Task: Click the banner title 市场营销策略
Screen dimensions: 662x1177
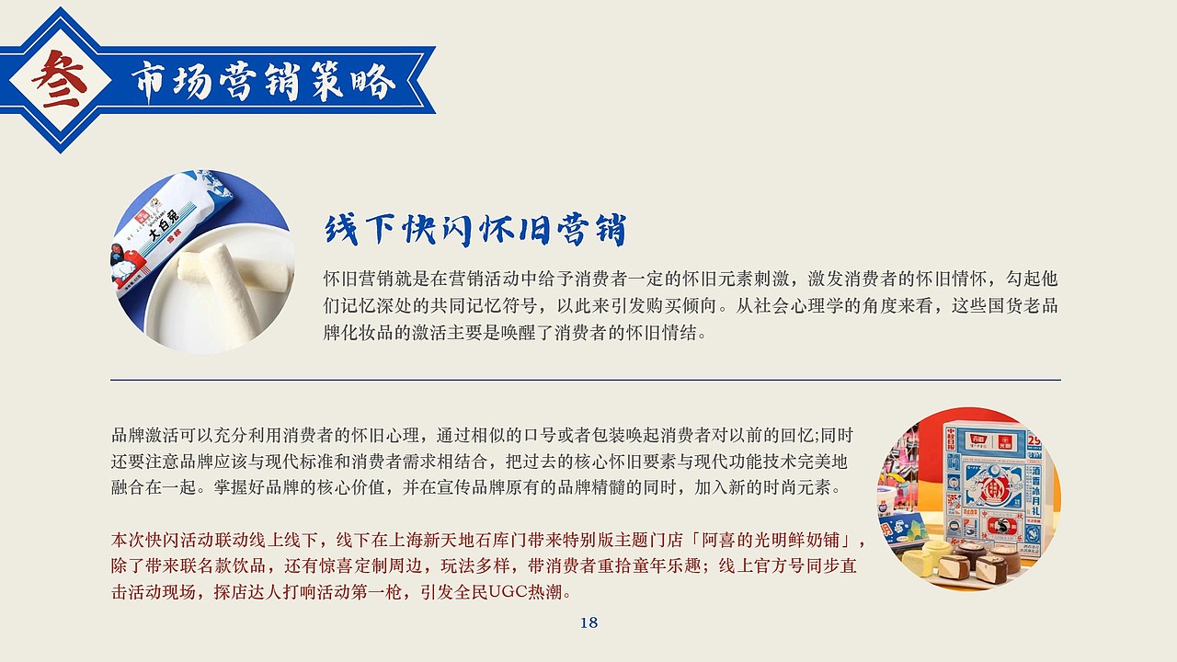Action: click(263, 81)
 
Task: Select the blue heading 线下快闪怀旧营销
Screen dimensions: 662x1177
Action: click(474, 230)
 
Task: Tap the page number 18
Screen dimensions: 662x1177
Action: click(588, 622)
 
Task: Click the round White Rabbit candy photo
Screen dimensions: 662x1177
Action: click(202, 261)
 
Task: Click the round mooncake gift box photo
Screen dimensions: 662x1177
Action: click(968, 498)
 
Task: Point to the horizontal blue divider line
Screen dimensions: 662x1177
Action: click(585, 380)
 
